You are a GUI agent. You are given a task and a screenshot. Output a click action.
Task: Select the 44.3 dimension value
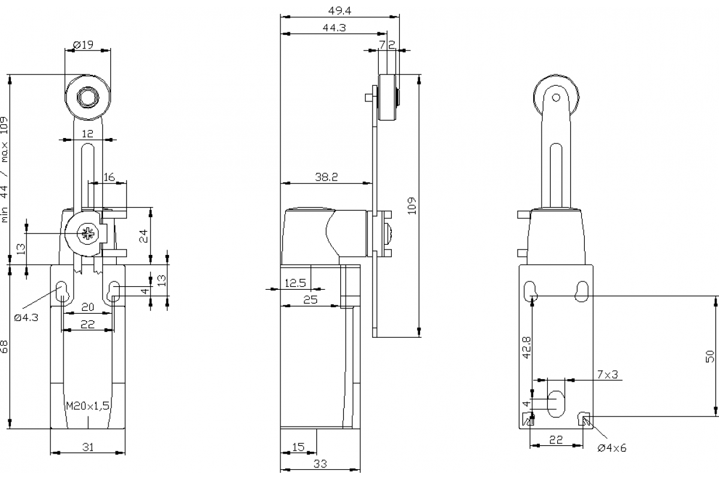coord(334,27)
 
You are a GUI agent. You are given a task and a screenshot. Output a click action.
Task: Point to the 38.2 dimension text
coord(327,177)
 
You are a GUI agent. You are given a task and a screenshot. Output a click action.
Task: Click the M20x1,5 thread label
coord(87,406)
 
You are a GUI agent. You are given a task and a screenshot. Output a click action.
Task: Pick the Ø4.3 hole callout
coord(26,317)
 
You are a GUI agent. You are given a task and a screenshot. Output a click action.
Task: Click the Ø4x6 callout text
coord(612,448)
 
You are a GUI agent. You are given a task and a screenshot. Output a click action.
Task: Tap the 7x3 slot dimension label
coord(607,374)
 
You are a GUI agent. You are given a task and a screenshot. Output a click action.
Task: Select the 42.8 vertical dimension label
coord(527,347)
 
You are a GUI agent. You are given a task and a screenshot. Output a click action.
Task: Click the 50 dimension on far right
coord(710,356)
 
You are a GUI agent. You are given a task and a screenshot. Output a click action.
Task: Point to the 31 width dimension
coord(87,446)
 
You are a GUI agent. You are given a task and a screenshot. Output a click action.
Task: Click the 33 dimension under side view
coord(321,463)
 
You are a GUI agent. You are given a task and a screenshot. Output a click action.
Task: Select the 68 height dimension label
coord(5,346)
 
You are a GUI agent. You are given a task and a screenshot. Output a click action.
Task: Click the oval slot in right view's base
coord(557,403)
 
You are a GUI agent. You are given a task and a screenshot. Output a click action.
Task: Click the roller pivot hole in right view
coord(556,97)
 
